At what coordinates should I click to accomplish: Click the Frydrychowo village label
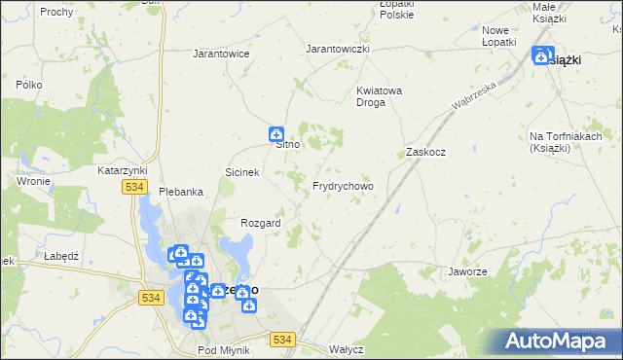click(x=342, y=185)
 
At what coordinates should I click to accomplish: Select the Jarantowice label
click(x=222, y=54)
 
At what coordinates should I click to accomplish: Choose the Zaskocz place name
click(x=425, y=153)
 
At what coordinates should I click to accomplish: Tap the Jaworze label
click(x=467, y=271)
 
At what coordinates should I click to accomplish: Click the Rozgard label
click(x=261, y=223)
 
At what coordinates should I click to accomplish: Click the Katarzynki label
click(x=122, y=169)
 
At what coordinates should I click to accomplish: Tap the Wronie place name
click(x=33, y=181)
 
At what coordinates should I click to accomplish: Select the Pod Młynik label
click(x=223, y=349)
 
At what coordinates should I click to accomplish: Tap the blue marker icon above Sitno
click(x=276, y=133)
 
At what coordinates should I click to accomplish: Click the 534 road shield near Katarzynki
click(x=134, y=186)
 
